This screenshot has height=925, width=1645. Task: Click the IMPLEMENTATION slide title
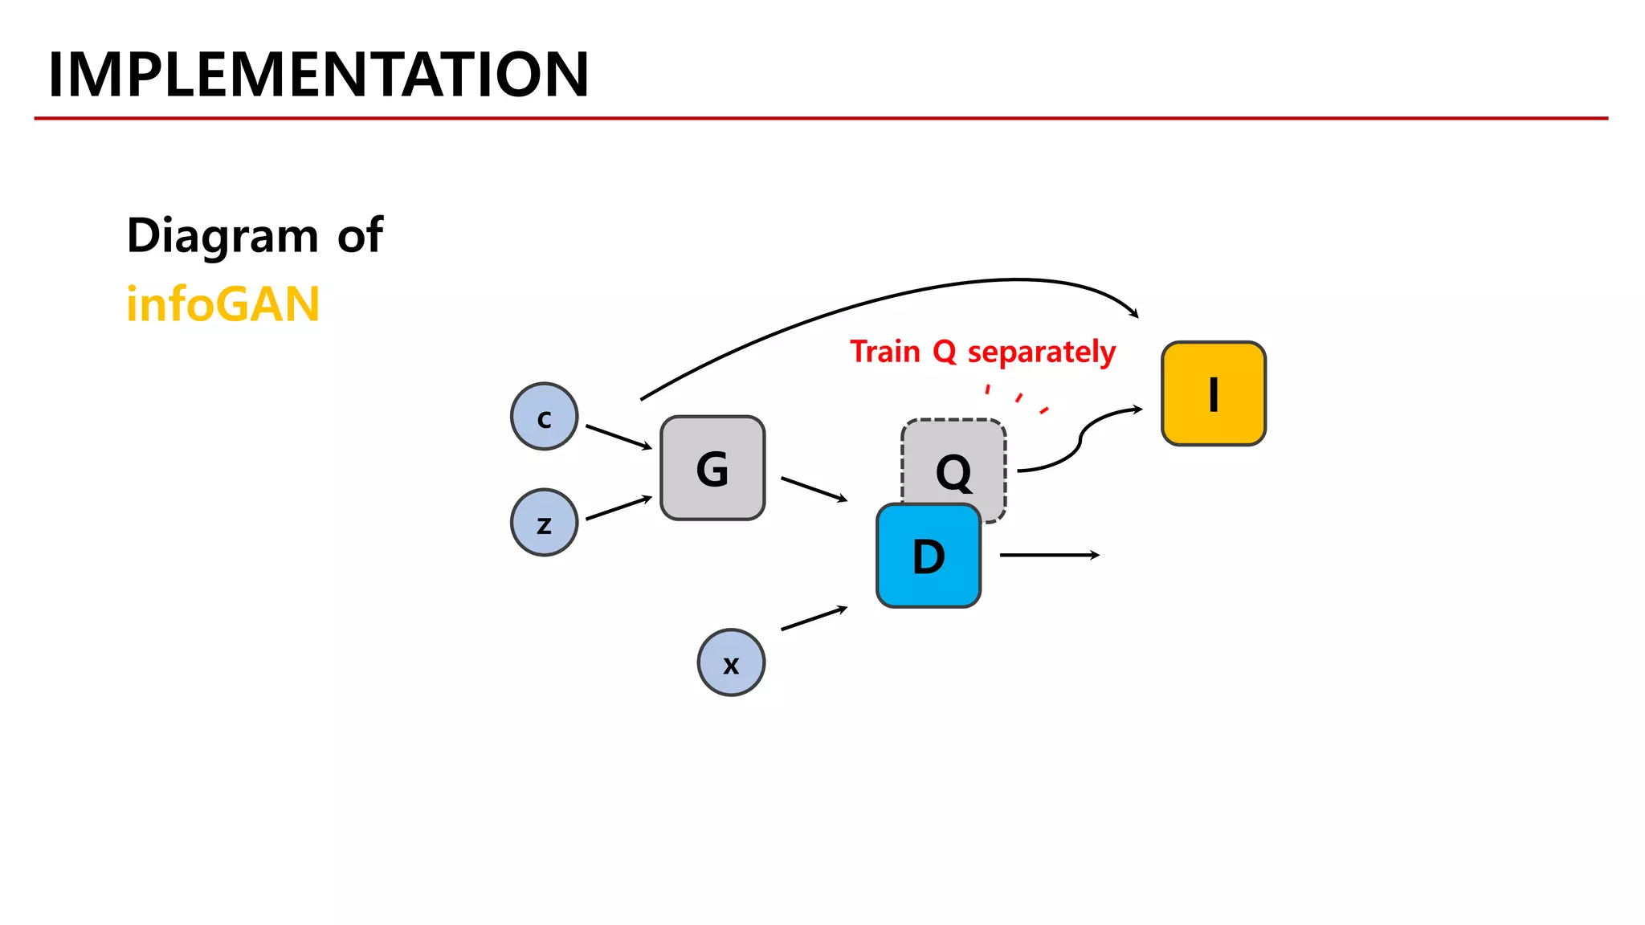point(319,75)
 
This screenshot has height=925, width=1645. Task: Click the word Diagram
point(222,236)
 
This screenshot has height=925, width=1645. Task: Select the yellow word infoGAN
point(222,304)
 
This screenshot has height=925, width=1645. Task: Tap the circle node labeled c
point(545,417)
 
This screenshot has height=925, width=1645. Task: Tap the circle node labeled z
point(545,523)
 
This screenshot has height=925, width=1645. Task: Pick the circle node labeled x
point(731,662)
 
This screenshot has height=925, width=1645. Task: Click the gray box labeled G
point(712,468)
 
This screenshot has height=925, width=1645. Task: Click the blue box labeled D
point(929,556)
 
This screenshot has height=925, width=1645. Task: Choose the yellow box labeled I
point(1214,393)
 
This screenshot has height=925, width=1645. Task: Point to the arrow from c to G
point(618,438)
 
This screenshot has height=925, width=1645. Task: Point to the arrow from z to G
point(618,508)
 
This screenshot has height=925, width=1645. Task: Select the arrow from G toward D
point(814,489)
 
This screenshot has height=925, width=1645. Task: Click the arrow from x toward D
point(814,618)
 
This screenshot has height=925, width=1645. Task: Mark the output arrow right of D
point(1049,555)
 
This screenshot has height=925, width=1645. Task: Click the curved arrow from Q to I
point(1080,439)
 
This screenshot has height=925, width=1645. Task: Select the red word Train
point(885,352)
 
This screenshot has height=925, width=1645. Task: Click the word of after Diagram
point(360,236)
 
